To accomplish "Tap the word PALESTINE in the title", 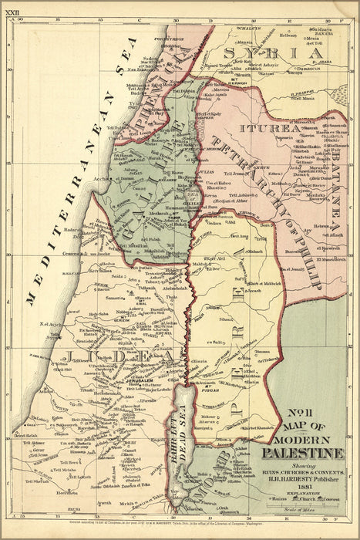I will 306,452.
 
